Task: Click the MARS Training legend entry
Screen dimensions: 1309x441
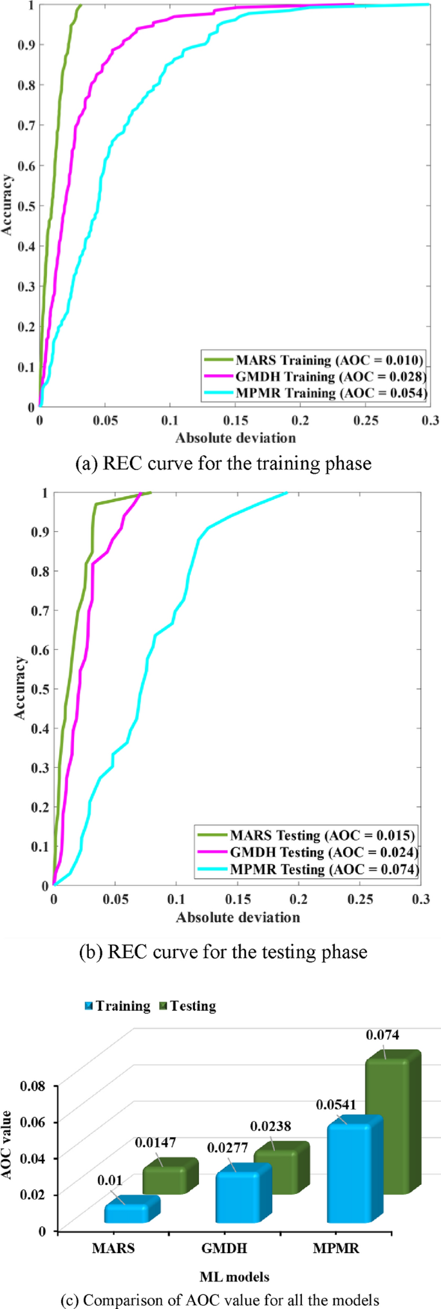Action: pyautogui.click(x=313, y=359)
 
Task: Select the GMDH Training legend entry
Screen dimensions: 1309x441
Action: pyautogui.click(x=313, y=376)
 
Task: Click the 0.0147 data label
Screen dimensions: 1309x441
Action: pyautogui.click(x=155, y=1142)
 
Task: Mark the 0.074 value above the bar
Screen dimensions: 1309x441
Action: pyautogui.click(x=382, y=1034)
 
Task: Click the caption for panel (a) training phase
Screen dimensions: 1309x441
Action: pyautogui.click(x=223, y=463)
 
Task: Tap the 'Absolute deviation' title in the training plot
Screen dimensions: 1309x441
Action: pyautogui.click(x=236, y=438)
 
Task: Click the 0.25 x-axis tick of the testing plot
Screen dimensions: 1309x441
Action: pyautogui.click(x=361, y=899)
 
